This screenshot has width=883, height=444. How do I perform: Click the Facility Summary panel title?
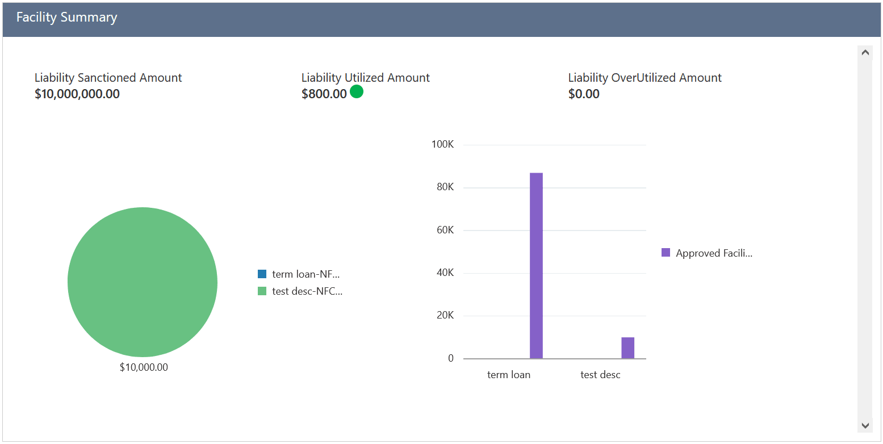(x=66, y=18)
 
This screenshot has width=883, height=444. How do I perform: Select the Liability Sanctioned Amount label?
(x=108, y=78)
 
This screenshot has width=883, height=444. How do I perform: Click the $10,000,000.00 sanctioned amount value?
(x=77, y=94)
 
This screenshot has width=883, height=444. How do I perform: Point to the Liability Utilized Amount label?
(x=365, y=78)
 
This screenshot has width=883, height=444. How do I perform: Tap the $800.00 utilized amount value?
(x=324, y=94)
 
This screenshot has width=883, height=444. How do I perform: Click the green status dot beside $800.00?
(x=357, y=91)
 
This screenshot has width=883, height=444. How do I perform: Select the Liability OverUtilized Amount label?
(x=645, y=78)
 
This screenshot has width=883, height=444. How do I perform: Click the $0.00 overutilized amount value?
(x=584, y=94)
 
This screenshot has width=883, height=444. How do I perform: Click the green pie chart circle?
(x=143, y=282)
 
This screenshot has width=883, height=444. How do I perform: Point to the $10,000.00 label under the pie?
(x=144, y=367)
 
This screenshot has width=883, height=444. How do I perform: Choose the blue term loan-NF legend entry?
(x=299, y=274)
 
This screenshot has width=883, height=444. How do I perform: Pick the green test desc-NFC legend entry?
(x=300, y=291)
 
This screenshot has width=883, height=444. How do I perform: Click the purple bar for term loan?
(x=536, y=266)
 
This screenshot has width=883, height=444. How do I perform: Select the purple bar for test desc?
(x=627, y=348)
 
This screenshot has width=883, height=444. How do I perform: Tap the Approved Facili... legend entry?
(x=707, y=253)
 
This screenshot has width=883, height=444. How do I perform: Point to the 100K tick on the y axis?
(x=442, y=145)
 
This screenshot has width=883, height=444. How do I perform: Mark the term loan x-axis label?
(x=509, y=375)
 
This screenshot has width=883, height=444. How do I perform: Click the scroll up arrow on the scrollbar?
(x=865, y=52)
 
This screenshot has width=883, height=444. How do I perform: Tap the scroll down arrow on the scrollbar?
(x=865, y=425)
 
